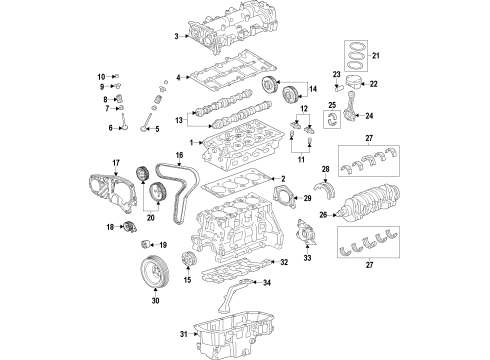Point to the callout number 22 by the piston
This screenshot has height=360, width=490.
coord(375,85)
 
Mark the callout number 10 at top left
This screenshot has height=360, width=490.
coord(100,76)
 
